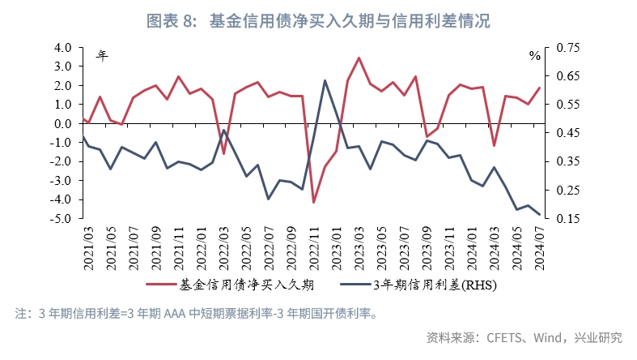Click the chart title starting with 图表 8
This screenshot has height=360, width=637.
pos(318,20)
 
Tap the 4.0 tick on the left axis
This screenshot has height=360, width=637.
pos(62,48)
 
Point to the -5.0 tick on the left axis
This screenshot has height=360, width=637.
pos(62,219)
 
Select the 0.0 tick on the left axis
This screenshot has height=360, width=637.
pos(63,124)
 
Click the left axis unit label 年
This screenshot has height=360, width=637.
pos(102,55)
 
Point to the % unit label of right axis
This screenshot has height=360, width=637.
pos(534,56)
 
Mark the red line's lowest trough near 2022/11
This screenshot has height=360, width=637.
pos(313,203)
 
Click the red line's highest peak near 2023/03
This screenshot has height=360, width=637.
pos(359,58)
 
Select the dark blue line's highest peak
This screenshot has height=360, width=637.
pos(325,80)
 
